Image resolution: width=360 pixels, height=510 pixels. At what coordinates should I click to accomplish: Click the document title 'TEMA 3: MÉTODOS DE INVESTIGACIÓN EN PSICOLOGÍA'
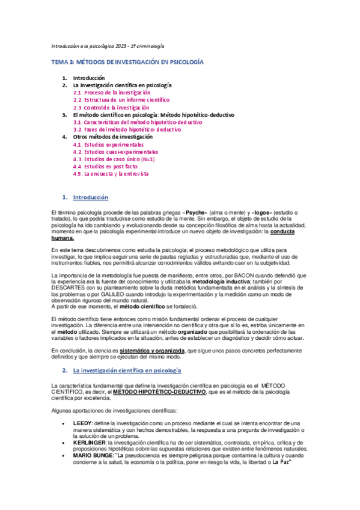coord(126,62)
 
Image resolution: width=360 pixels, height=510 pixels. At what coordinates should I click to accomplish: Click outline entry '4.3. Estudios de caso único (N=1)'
coord(106,159)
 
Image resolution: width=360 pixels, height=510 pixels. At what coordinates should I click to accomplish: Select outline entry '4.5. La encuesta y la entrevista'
coord(110,174)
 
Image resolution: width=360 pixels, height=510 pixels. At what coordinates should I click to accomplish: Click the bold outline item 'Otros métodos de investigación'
coord(113,137)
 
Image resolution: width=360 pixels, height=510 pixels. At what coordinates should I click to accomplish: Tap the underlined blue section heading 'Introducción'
coord(90,197)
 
